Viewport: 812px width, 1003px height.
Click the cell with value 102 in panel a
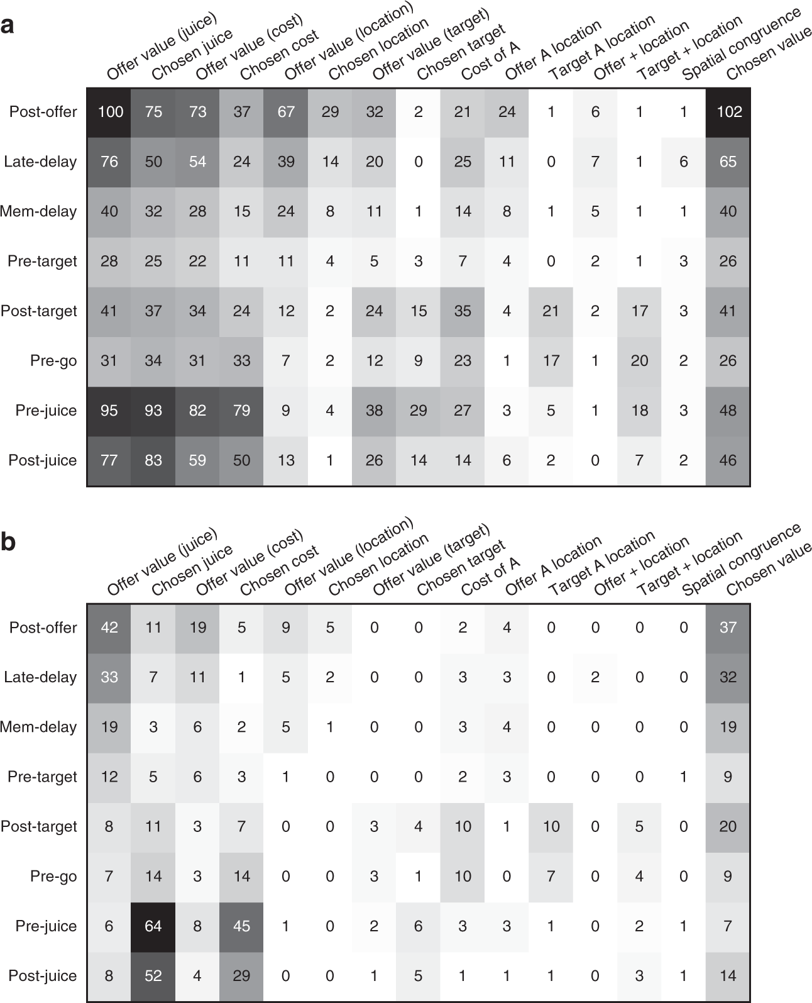point(728,112)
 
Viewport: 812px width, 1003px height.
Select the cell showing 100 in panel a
point(109,112)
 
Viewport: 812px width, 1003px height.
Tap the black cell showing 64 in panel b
point(153,926)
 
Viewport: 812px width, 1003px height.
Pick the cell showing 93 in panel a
point(153,411)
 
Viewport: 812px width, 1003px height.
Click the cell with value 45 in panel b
point(242,926)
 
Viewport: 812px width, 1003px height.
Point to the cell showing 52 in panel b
point(153,976)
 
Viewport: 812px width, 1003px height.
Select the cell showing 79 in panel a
point(242,411)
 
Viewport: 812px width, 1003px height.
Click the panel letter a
point(8,26)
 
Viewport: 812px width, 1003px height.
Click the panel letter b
point(8,542)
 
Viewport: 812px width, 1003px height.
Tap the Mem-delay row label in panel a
point(39,211)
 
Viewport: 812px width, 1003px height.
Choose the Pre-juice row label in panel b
point(46,926)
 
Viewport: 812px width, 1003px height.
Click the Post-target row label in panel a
point(39,311)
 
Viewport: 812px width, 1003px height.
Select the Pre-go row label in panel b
point(53,877)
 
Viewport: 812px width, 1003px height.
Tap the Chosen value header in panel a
point(768,55)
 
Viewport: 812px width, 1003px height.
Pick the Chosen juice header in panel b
point(192,570)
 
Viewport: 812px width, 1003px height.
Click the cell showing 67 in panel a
point(286,112)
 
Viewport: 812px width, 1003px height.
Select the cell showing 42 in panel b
point(109,628)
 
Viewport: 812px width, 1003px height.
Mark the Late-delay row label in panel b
point(40,677)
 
